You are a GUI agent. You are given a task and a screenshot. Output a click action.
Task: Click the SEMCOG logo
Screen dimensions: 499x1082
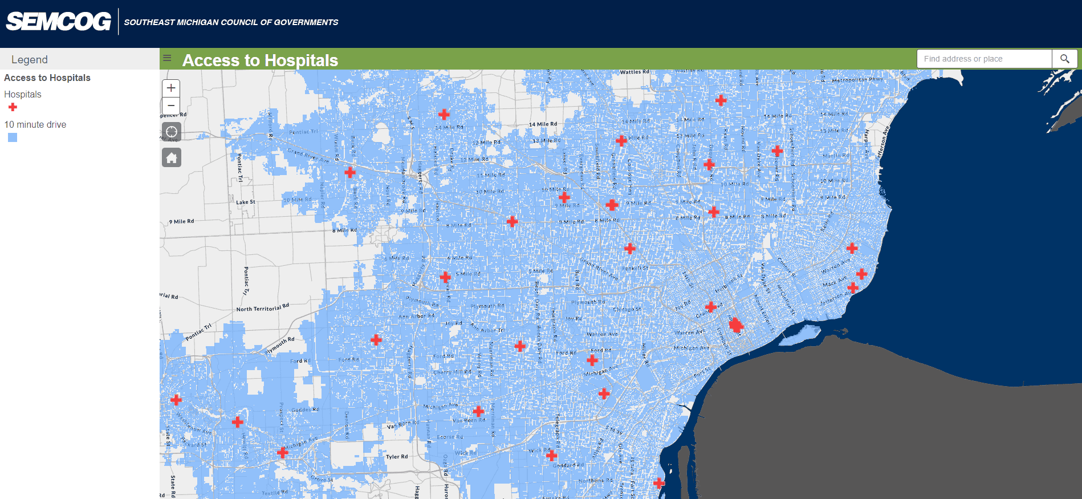pyautogui.click(x=58, y=22)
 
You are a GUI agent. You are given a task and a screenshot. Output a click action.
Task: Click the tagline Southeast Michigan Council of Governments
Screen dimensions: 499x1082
pyautogui.click(x=231, y=22)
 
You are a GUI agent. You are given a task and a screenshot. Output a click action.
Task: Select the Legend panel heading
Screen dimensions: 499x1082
pyautogui.click(x=30, y=59)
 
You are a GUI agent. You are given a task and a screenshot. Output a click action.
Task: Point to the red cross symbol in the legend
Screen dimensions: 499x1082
pyautogui.click(x=13, y=107)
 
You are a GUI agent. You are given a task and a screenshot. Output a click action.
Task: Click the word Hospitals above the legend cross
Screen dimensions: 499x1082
pyautogui.click(x=23, y=94)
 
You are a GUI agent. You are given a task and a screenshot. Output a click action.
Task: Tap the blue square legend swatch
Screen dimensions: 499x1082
pyautogui.click(x=13, y=137)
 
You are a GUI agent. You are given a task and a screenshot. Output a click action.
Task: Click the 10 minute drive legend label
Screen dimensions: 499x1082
pyautogui.click(x=35, y=124)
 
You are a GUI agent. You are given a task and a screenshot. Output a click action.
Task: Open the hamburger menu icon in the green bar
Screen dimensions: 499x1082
pyautogui.click(x=167, y=58)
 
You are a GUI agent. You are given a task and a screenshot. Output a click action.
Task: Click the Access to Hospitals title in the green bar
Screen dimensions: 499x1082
pyautogui.click(x=260, y=60)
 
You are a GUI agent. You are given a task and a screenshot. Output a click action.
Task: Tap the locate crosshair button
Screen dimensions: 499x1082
pyautogui.click(x=171, y=132)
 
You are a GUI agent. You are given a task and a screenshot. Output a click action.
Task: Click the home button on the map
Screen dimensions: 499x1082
pyautogui.click(x=171, y=157)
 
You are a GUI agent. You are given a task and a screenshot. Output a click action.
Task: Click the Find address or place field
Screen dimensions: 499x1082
pyautogui.click(x=984, y=59)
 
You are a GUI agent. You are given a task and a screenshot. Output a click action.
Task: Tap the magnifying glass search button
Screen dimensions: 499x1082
pyautogui.click(x=1064, y=59)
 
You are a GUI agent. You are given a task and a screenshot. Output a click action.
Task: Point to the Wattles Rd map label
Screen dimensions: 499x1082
pyautogui.click(x=634, y=72)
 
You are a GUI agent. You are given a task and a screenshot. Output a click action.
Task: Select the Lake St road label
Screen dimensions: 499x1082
pyautogui.click(x=246, y=202)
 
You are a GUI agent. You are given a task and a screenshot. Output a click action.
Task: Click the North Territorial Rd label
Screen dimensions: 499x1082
pyautogui.click(x=263, y=307)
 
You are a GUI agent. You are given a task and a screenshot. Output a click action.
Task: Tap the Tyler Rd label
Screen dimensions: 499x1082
pyautogui.click(x=397, y=457)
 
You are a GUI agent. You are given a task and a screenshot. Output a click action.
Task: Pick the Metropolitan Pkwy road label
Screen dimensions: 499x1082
pyautogui.click(x=857, y=80)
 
